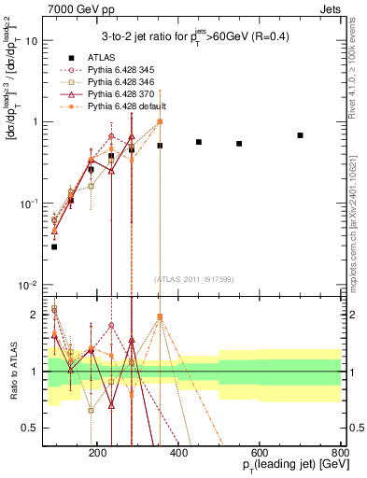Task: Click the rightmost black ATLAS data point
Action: click(x=300, y=135)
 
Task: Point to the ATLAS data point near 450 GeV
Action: click(x=199, y=142)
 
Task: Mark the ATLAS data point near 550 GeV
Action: click(x=239, y=144)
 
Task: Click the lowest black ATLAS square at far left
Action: click(x=54, y=246)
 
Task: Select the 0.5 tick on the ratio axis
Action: click(x=35, y=428)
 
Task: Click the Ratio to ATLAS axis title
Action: click(x=12, y=370)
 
